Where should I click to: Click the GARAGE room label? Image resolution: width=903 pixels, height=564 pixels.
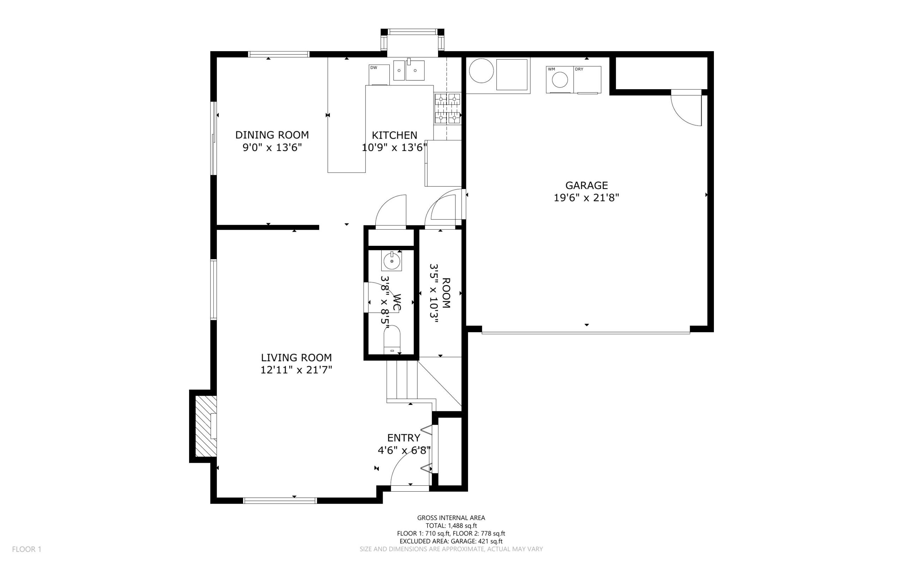(586, 186)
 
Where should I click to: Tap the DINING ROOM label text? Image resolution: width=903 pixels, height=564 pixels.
(272, 135)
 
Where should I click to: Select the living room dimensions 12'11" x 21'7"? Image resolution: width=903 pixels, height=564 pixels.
(296, 370)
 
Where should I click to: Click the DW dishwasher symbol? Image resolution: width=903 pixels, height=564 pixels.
(379, 75)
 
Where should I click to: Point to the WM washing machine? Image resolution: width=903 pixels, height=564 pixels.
(559, 79)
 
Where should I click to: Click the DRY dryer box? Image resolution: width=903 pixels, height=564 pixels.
(587, 79)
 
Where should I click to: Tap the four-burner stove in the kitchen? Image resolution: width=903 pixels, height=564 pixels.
(447, 109)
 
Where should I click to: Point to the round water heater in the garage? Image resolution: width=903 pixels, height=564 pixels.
(481, 71)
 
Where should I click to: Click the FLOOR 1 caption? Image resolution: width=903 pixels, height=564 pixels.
(26, 549)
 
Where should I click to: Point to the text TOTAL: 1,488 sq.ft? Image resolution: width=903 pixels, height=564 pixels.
(451, 526)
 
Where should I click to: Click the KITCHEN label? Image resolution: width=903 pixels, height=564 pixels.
(394, 135)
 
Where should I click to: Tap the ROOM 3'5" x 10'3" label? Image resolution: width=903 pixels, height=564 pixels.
(440, 293)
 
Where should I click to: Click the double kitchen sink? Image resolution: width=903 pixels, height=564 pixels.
(409, 71)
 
